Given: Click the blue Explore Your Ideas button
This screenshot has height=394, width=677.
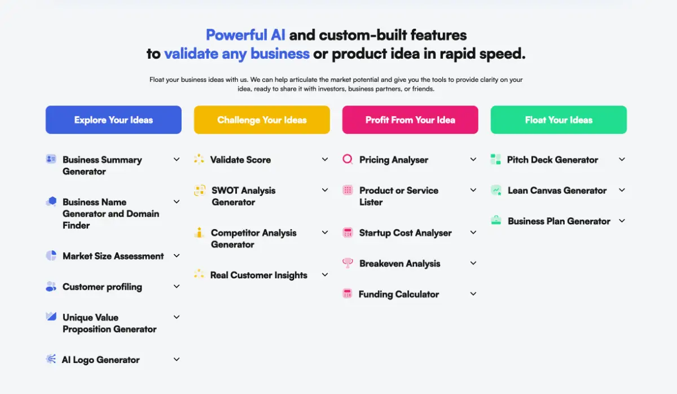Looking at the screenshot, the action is (113, 120).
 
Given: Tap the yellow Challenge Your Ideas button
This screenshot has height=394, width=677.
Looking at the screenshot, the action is (262, 120).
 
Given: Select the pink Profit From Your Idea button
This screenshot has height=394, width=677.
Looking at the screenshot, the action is (410, 120).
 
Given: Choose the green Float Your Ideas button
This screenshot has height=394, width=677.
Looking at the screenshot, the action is (559, 120).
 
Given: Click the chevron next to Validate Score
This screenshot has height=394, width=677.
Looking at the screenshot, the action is (325, 159).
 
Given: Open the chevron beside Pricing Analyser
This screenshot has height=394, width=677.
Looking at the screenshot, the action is (473, 159).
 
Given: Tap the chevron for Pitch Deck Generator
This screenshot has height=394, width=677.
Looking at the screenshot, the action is (622, 159).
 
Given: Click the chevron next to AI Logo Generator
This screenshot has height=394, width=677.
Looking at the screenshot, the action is (177, 359).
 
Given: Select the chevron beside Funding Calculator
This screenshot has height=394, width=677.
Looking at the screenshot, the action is (473, 294).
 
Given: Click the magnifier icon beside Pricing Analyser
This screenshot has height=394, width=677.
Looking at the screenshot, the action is (348, 159).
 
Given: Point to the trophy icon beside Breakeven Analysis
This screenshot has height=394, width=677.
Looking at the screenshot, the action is (348, 263).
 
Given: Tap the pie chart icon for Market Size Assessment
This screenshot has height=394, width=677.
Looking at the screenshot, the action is (51, 256).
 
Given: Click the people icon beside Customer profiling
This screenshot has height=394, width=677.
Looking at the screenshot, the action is (51, 286).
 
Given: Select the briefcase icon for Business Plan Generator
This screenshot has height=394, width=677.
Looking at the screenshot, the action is (496, 220).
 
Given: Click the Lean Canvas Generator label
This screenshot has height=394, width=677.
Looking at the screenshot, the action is (557, 190).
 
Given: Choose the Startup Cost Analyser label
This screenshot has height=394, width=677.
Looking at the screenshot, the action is (405, 233).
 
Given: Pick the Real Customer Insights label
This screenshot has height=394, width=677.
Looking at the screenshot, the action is (259, 275).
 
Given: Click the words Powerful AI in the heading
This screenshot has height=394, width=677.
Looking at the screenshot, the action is (245, 35).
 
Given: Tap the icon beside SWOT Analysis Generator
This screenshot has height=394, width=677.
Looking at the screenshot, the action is (200, 190).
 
